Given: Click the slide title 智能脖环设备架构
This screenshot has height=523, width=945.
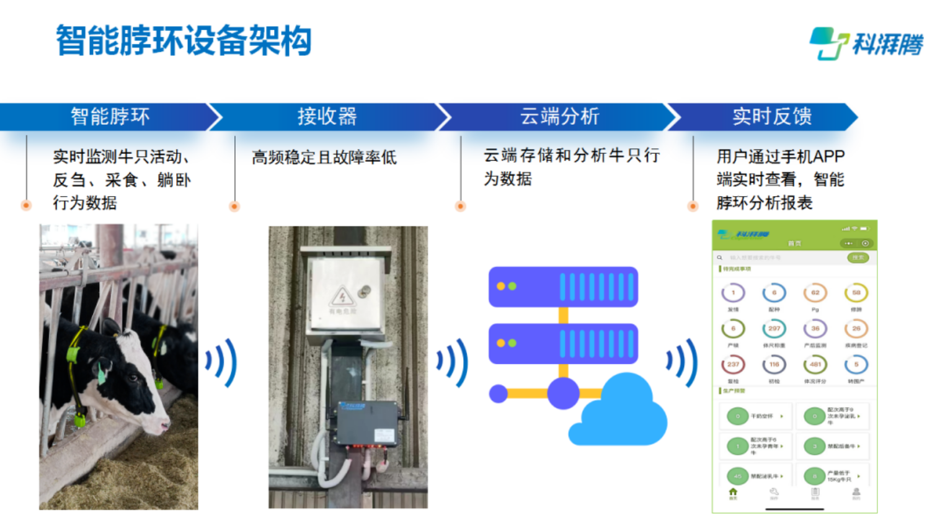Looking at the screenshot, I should pos(184,41).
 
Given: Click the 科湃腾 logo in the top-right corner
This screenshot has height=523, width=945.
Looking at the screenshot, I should pos(866,43).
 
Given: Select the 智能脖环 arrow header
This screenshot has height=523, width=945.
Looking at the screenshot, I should pos(110,117).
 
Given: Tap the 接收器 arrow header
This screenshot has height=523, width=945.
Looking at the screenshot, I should pos(327,117).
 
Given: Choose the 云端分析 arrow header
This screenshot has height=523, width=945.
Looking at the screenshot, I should pos(559,117).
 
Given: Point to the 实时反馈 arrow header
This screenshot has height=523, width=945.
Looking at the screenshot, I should pos(772,117).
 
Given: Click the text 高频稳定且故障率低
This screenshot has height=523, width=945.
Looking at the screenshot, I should pos(324,158).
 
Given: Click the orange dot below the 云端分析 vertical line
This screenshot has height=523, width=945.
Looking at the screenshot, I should pos(460,206).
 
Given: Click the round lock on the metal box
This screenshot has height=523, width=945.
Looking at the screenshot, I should pos(365,290).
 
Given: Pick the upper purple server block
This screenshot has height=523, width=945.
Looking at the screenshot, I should pos(563,287).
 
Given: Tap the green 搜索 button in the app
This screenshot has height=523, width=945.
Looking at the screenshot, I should pos(858,257).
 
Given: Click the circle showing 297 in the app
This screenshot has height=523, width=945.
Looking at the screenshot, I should pos(774,329).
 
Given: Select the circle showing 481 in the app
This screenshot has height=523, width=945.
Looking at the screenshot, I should pos(815,365).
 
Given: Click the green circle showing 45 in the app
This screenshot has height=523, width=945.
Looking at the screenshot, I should pos(737,476).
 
